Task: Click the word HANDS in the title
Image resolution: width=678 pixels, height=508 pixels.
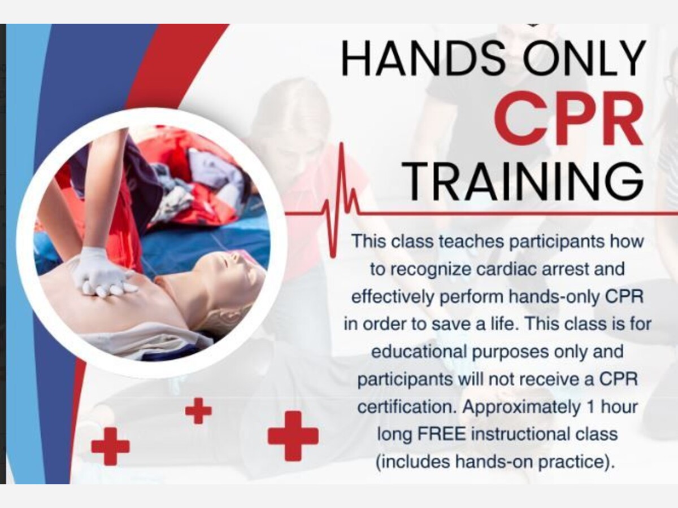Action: point(423,58)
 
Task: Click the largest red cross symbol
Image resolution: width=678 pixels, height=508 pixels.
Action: point(293,436)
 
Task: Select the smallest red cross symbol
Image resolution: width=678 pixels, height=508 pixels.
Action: point(198,411)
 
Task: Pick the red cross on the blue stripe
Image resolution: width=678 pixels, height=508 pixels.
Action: point(110,446)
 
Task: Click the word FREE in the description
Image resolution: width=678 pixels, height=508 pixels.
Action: point(441,434)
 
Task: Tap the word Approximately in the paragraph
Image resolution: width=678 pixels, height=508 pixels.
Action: point(521,408)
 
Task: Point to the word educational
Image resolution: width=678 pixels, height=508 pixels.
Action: point(419,351)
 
